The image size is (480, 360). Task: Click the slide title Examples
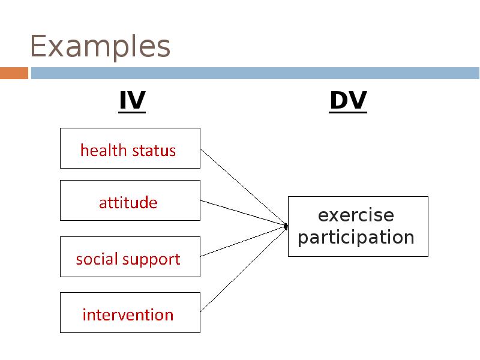point(100,47)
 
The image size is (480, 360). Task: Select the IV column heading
point(132,101)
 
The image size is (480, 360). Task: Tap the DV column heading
point(348,101)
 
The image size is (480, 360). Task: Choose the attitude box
point(130,200)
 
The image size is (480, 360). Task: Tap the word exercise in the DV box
point(356,215)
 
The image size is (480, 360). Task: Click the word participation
point(356,237)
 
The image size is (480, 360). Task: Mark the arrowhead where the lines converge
point(286,226)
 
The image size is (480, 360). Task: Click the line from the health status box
point(242,187)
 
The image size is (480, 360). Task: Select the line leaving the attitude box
point(242,213)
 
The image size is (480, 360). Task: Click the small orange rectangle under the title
point(14,73)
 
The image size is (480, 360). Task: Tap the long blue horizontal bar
point(255,73)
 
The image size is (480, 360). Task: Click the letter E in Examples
point(38,47)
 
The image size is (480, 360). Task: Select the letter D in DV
point(338,101)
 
